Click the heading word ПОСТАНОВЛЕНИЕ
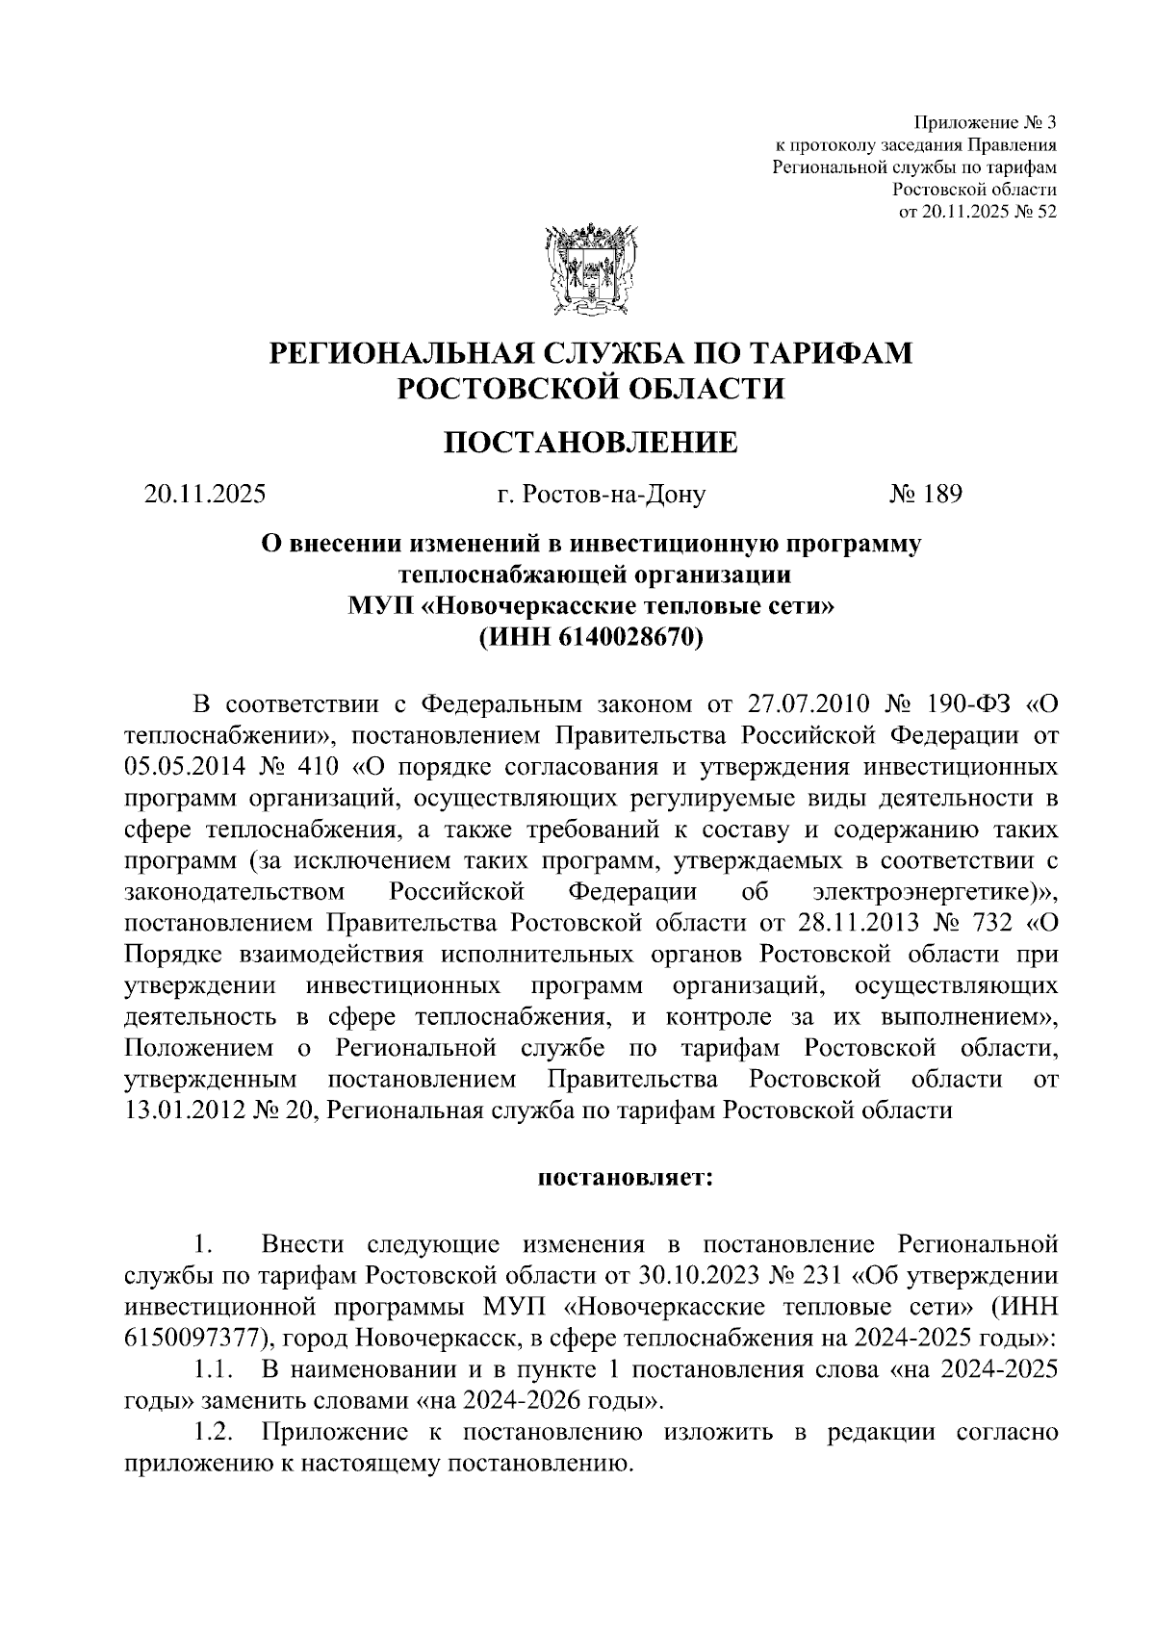point(591,442)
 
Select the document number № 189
point(925,495)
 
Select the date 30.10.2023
point(697,1275)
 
